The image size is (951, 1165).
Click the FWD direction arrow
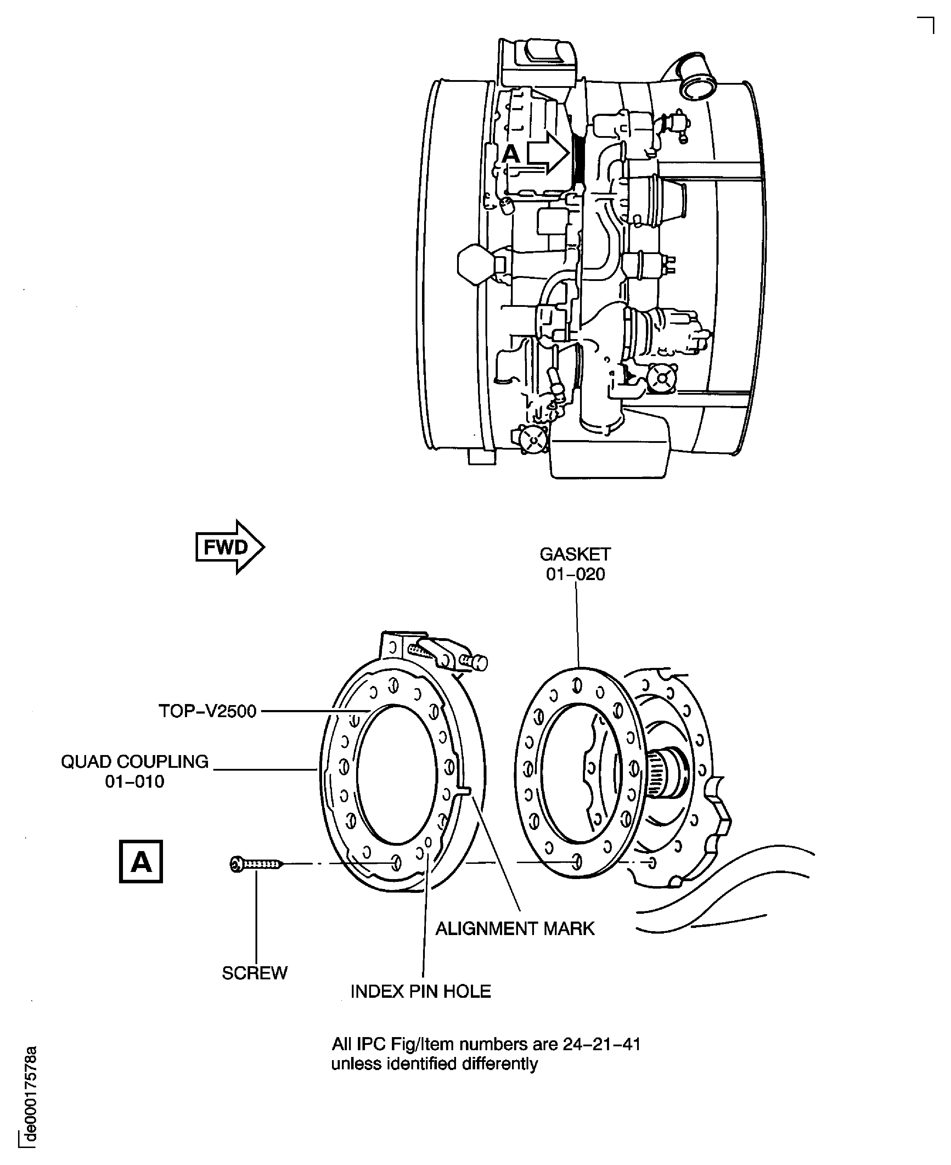pos(230,547)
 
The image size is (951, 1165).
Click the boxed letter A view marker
pos(141,862)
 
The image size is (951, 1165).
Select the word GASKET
pos(575,554)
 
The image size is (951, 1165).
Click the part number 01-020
pos(575,575)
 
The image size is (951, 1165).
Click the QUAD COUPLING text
pos(135,762)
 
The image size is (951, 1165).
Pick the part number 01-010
pos(135,782)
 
